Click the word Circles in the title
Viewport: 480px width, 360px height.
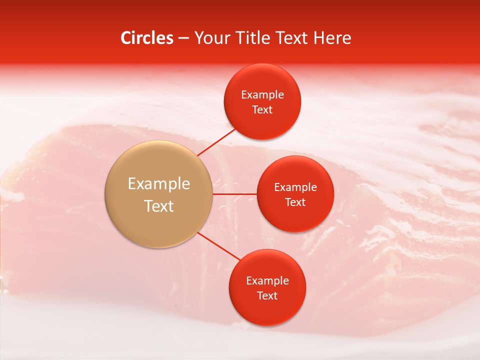point(146,38)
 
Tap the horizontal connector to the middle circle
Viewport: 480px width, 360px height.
point(234,194)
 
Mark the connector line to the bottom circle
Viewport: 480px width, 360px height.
point(219,246)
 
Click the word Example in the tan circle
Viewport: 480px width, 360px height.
point(159,184)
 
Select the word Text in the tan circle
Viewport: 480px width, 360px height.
point(159,206)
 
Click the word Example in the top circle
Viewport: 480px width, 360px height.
point(262,95)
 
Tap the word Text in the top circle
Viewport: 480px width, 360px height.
point(262,110)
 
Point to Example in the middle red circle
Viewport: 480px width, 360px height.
point(295,187)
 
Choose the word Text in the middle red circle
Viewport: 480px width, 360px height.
point(295,202)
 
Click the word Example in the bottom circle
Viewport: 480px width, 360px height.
point(267,281)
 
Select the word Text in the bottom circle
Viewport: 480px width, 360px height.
point(267,296)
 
